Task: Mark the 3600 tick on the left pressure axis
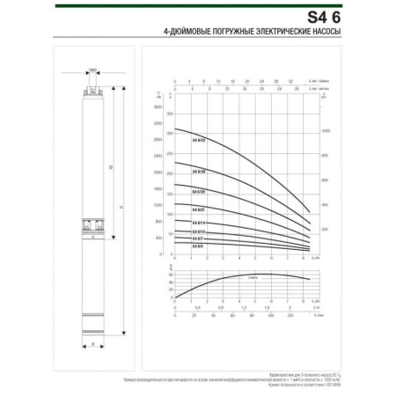[x=158, y=107]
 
